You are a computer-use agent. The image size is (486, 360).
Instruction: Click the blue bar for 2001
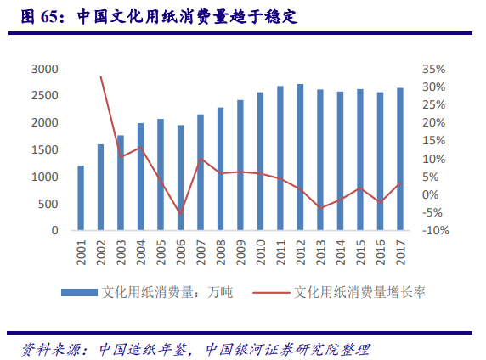coord(81,198)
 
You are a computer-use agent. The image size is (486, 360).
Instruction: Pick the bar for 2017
coord(400,159)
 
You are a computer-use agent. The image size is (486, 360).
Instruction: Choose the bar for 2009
coord(240,165)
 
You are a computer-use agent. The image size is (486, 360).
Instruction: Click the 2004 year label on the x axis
coord(141,252)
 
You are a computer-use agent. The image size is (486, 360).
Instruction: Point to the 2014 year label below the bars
coord(341,252)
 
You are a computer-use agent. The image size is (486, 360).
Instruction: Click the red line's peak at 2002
coord(101,76)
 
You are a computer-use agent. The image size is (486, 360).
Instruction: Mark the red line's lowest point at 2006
coord(181,213)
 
